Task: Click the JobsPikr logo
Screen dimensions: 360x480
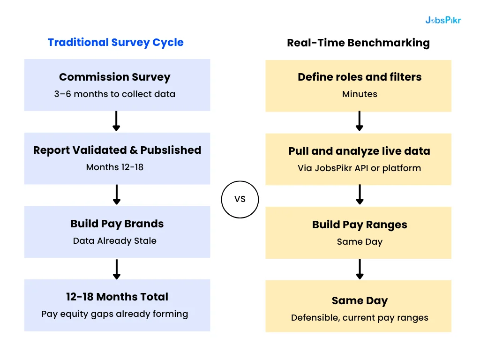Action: tap(443, 20)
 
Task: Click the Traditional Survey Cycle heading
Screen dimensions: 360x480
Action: tap(116, 42)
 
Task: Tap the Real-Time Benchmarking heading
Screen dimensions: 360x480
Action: tap(358, 43)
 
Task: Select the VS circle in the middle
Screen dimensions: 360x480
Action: tap(240, 199)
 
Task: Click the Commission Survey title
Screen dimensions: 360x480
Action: tap(115, 77)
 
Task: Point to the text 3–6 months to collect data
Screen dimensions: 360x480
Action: tap(115, 94)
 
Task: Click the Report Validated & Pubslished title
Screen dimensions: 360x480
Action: tap(117, 150)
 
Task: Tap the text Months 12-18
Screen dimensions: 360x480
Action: tap(115, 167)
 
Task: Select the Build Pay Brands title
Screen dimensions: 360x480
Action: tap(117, 224)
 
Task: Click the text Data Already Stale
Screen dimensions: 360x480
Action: tap(115, 241)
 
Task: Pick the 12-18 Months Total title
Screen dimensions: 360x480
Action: tap(117, 297)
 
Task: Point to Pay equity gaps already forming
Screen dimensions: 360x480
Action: tap(115, 314)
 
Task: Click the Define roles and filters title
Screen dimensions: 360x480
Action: tap(360, 77)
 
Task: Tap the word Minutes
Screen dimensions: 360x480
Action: tap(360, 94)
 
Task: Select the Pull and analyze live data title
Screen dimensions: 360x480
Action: tap(359, 151)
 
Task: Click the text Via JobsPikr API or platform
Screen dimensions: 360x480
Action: tap(359, 168)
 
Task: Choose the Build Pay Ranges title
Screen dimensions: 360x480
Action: tap(360, 225)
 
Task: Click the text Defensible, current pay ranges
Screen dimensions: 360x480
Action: tap(360, 318)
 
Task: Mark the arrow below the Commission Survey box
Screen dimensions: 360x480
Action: tap(117, 121)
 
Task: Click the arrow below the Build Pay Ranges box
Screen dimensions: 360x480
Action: tap(360, 269)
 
